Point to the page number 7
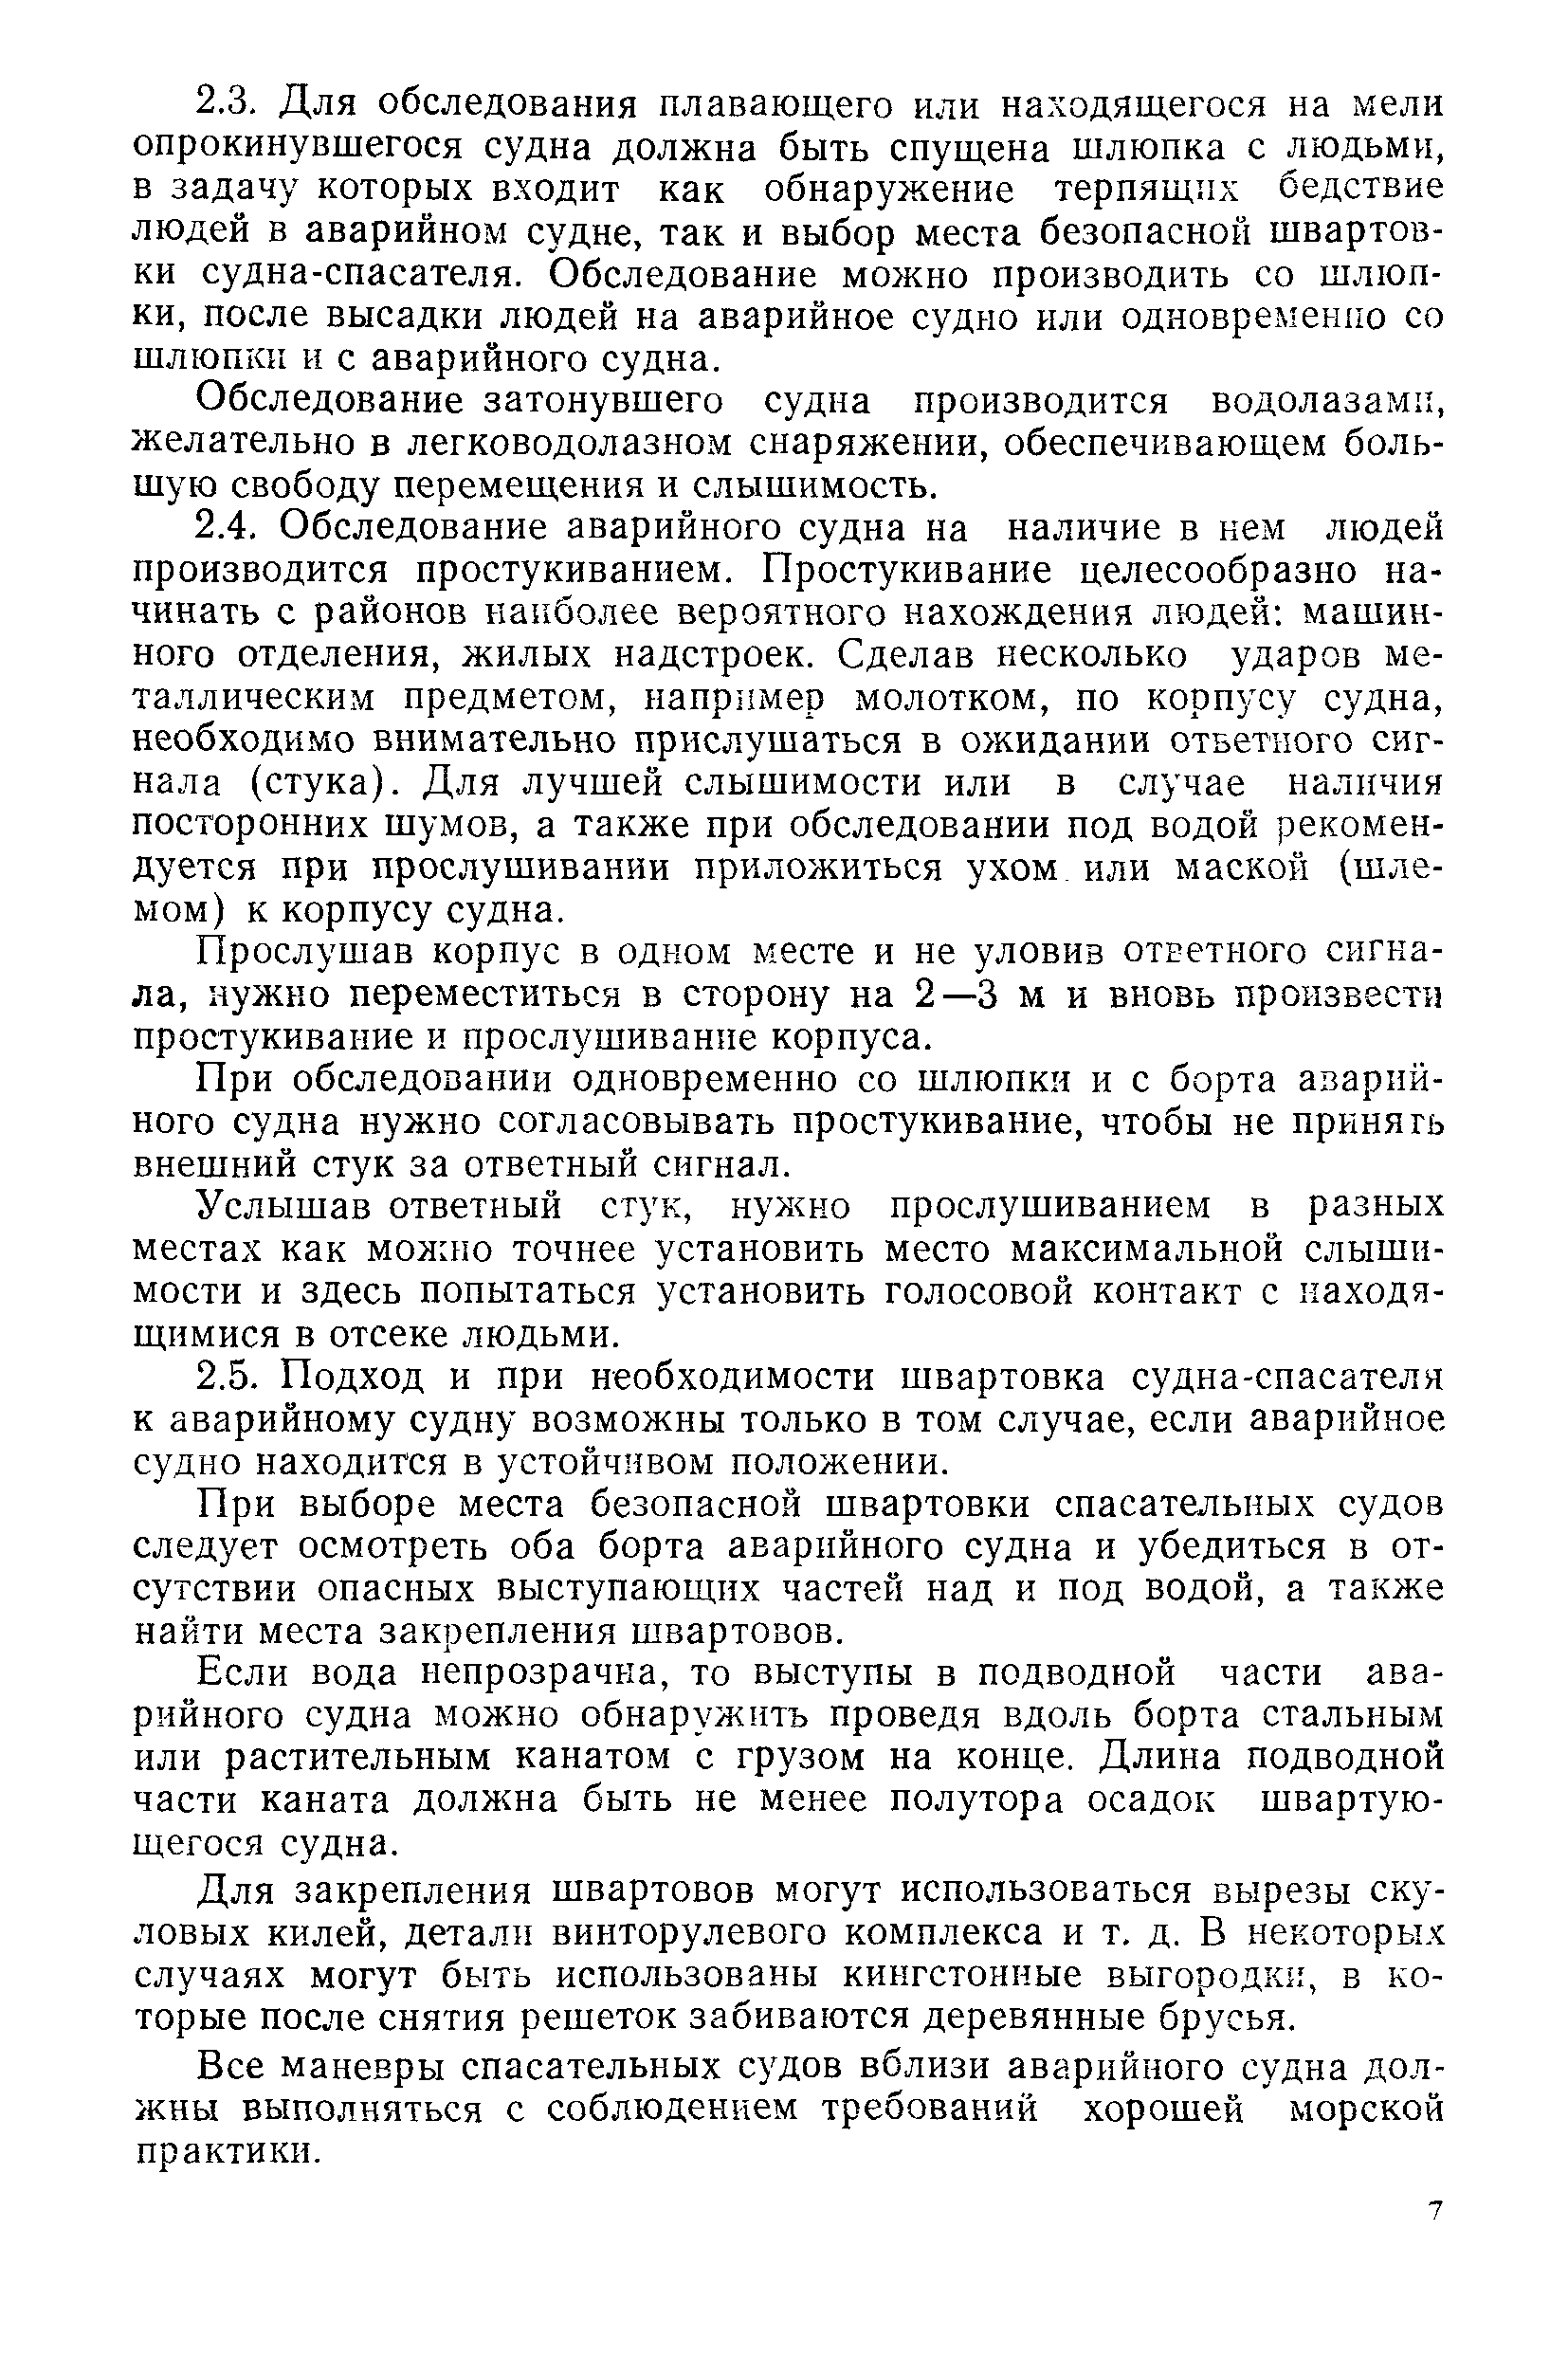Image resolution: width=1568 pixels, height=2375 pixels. click(1435, 2210)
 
